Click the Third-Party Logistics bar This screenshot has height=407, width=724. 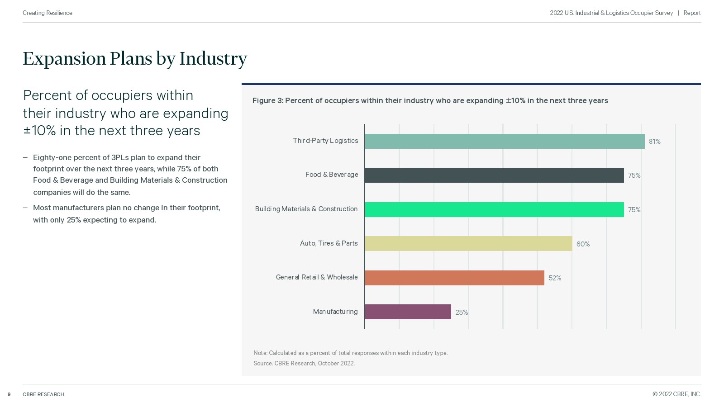(x=505, y=141)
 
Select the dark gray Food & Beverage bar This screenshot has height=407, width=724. (x=494, y=175)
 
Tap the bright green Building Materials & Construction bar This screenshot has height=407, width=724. (x=494, y=209)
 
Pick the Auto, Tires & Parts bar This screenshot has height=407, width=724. (x=468, y=243)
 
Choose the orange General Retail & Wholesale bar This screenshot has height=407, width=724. (x=454, y=278)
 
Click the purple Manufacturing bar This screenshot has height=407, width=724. (x=408, y=312)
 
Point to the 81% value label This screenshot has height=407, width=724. (x=654, y=142)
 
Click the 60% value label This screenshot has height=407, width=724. (x=583, y=244)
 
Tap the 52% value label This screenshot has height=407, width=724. (x=555, y=278)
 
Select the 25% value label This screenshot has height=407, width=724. (x=462, y=312)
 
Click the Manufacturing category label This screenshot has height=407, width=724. (x=335, y=312)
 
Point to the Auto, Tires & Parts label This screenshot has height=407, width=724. (x=329, y=243)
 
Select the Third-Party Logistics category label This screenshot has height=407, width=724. (x=325, y=141)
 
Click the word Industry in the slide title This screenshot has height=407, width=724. (x=213, y=59)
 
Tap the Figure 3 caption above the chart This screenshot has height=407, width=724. (x=430, y=100)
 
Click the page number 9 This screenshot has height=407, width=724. (x=9, y=394)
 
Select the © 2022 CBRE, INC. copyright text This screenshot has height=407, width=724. (x=676, y=394)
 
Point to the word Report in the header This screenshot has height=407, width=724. (x=692, y=13)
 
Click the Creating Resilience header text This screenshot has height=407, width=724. (x=48, y=13)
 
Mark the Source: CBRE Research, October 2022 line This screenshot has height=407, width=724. (x=304, y=363)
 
